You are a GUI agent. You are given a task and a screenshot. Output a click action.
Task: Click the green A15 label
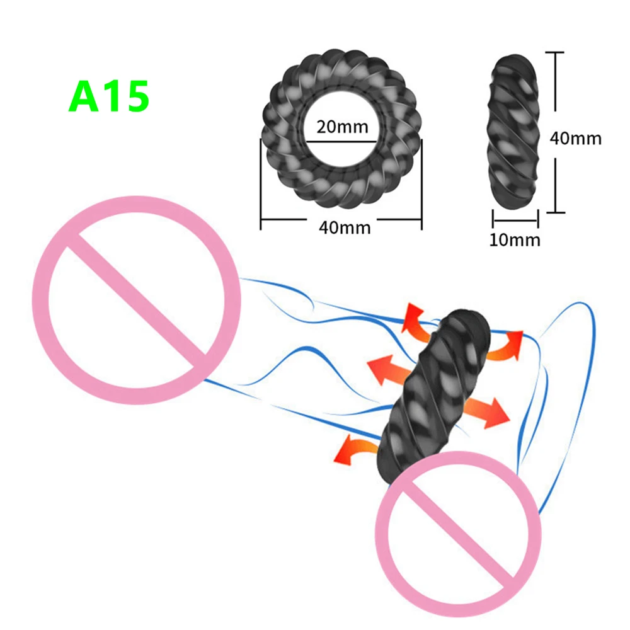(108, 96)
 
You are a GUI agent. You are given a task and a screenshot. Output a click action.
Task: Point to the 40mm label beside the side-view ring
(576, 137)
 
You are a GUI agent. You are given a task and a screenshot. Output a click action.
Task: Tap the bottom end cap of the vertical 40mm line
(554, 212)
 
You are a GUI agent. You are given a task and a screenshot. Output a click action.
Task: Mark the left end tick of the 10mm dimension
(493, 220)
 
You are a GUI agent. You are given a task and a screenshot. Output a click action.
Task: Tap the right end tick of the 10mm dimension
(538, 220)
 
